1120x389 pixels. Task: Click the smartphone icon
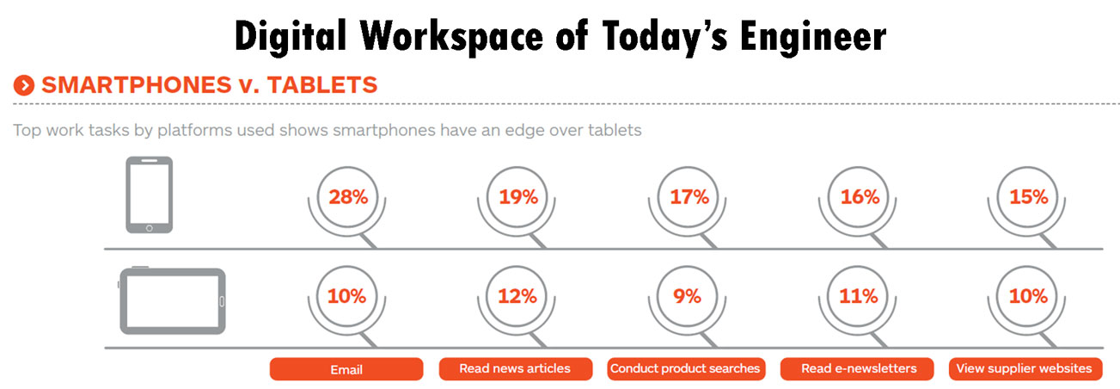pos(150,194)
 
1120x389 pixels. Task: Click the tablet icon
pos(172,300)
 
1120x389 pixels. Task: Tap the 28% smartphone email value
pos(348,197)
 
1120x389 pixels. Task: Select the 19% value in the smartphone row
pos(518,197)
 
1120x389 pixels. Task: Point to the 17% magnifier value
pos(689,197)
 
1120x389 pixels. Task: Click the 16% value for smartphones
pos(860,197)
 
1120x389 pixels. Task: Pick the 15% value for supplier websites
pos(1030,197)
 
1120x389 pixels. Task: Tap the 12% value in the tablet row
pos(518,296)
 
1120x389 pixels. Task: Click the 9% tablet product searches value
pos(689,296)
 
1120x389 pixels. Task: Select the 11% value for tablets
pos(860,296)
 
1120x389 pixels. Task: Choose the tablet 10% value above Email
pos(347,296)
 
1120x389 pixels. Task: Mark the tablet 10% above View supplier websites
pos(1030,296)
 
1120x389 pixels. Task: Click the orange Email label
pos(346,369)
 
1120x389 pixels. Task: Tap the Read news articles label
pos(515,368)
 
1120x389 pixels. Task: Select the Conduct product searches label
pos(685,368)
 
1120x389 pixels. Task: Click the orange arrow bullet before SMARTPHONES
pos(24,85)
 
